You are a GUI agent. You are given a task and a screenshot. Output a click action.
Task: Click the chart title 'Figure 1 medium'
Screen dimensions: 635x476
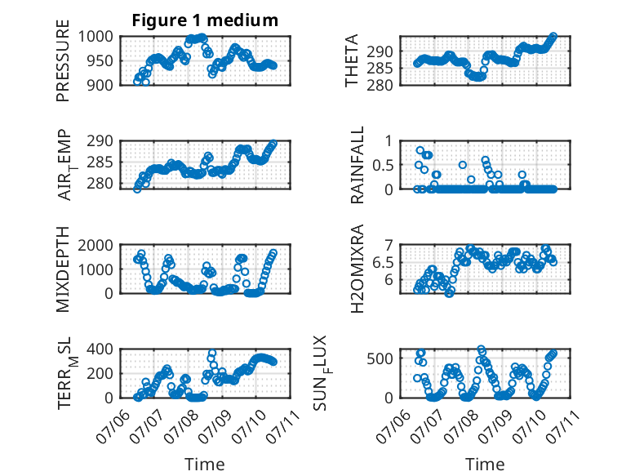(x=205, y=20)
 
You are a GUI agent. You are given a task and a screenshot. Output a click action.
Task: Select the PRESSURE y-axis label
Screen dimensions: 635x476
(x=63, y=60)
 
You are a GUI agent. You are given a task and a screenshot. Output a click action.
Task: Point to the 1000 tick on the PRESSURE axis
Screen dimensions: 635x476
(x=95, y=37)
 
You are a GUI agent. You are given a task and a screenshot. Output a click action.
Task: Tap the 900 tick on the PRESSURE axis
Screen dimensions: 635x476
(x=100, y=85)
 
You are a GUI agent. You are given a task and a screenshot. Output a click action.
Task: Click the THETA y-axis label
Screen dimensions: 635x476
(x=352, y=60)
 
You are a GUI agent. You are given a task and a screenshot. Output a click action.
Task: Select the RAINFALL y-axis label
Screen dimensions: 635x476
(x=357, y=165)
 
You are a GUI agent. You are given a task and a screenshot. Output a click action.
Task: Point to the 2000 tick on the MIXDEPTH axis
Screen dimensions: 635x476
(x=95, y=245)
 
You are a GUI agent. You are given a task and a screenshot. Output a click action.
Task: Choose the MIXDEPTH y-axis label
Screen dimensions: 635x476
(x=63, y=269)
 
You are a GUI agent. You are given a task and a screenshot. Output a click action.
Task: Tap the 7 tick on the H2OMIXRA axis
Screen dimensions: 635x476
(x=389, y=245)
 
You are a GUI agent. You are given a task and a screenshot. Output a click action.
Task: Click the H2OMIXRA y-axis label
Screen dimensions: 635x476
(x=357, y=269)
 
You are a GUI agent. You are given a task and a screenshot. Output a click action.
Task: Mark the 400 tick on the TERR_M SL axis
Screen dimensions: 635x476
(x=100, y=349)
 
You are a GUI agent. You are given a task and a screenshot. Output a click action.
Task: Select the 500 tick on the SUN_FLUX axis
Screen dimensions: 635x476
(x=380, y=358)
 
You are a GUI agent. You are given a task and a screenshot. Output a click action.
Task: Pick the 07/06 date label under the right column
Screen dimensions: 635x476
(x=393, y=427)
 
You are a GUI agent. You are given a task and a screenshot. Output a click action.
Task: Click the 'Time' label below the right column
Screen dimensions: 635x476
(x=485, y=465)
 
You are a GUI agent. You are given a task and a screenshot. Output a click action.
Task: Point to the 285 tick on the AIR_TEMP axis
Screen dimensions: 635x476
(x=100, y=162)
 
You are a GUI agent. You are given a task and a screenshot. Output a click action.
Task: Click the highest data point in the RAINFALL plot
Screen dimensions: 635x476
(x=420, y=150)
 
